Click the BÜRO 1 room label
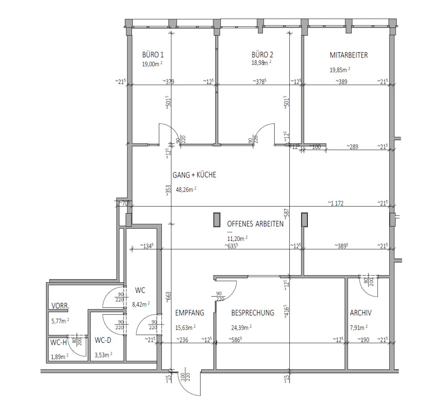pyautogui.click(x=153, y=55)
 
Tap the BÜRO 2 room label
pyautogui.click(x=262, y=55)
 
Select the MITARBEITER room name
pyautogui.click(x=349, y=55)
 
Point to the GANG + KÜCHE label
pyautogui.click(x=194, y=175)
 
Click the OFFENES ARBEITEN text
pyautogui.click(x=255, y=224)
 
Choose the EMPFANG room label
pyautogui.click(x=189, y=313)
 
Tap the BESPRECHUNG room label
pyautogui.click(x=252, y=313)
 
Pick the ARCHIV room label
pyautogui.click(x=361, y=313)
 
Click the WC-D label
pyautogui.click(x=103, y=340)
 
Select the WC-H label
pyautogui.click(x=59, y=342)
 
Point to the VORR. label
pyautogui.click(x=60, y=306)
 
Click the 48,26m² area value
pyautogui.click(x=186, y=189)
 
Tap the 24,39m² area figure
pyautogui.click(x=241, y=327)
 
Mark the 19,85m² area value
pyautogui.click(x=340, y=70)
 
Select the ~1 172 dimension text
pyautogui.click(x=335, y=203)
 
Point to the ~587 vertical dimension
pyautogui.click(x=287, y=214)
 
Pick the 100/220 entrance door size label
pyautogui.click(x=185, y=377)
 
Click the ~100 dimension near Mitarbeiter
pyautogui.click(x=315, y=147)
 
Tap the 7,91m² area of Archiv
pyautogui.click(x=358, y=327)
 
